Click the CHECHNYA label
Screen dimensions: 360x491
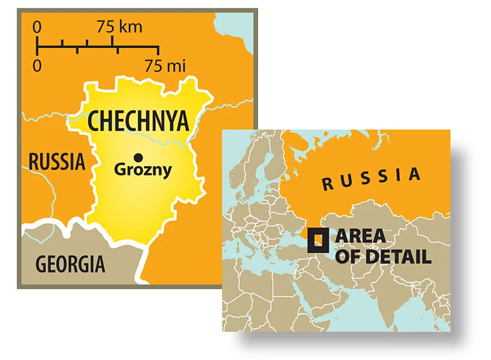[x=139, y=121]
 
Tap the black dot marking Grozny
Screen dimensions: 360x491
[x=139, y=157]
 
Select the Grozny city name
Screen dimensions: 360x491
[x=143, y=170]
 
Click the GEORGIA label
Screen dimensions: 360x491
[x=70, y=263]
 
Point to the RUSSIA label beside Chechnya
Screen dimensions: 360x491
[x=57, y=161]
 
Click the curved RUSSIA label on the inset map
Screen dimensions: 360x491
[x=372, y=178]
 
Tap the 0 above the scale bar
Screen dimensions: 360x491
[x=37, y=27]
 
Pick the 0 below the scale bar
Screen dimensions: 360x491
[x=37, y=65]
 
